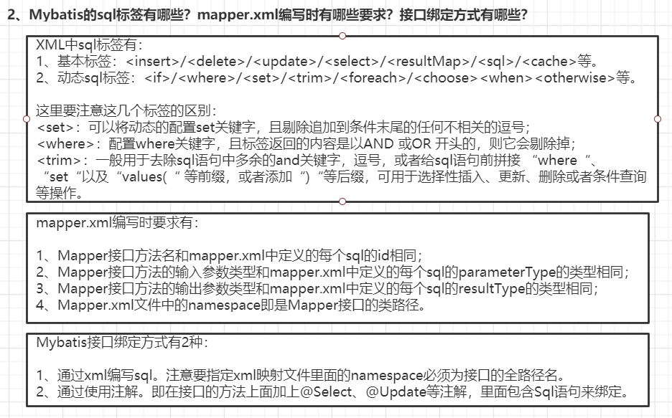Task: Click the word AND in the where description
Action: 362,144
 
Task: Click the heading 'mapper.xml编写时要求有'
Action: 117,222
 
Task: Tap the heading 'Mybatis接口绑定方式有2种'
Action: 118,342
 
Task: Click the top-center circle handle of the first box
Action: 342,35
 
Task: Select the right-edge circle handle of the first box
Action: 658,118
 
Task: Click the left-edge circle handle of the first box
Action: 26,118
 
